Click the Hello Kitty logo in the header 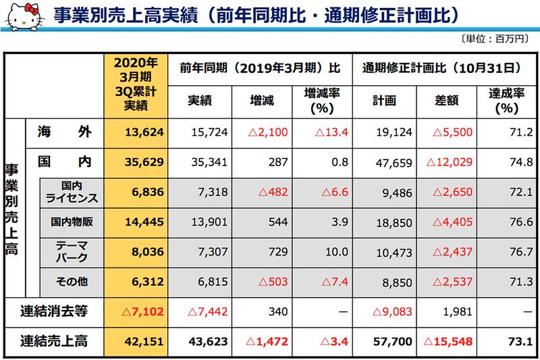(x=19, y=14)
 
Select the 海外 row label (x=64, y=132)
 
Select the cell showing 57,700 (x=389, y=342)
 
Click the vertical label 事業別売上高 (x=11, y=209)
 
